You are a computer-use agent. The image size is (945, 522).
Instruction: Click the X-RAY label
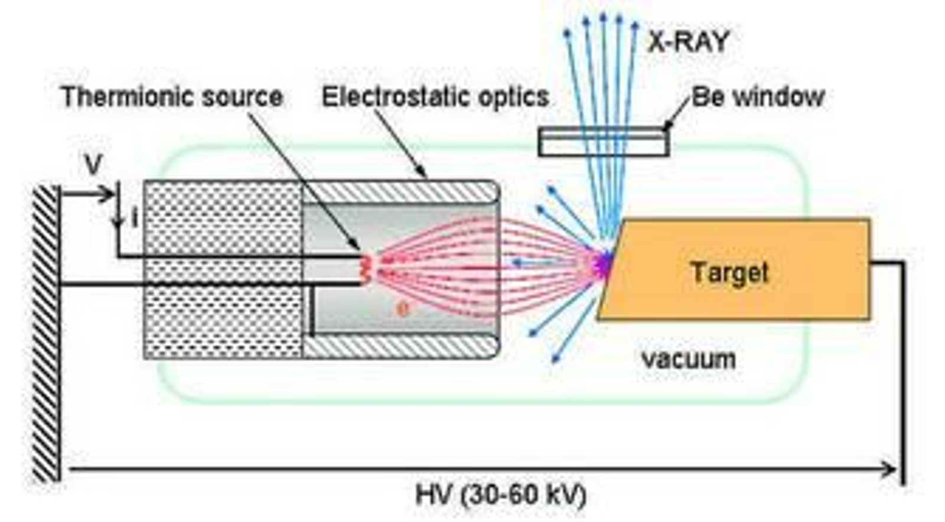[x=689, y=42]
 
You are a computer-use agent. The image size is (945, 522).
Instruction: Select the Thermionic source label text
[x=172, y=97]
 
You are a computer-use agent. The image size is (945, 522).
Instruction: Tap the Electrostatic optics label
[x=435, y=97]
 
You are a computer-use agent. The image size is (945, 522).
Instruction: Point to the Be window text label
[x=758, y=96]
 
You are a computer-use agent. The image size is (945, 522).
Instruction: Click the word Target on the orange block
[x=730, y=273]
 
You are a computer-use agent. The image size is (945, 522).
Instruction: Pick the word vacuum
[x=689, y=359]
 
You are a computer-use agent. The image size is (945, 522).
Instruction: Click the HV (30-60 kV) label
[x=501, y=495]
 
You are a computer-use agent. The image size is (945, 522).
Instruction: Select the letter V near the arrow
[x=93, y=166]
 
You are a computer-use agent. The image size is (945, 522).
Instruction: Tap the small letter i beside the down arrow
[x=135, y=220]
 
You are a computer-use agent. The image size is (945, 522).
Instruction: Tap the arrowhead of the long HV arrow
[x=889, y=470]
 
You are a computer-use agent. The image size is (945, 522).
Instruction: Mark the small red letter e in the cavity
[x=402, y=309]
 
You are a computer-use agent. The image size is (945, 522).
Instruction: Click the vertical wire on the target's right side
[x=902, y=372]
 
